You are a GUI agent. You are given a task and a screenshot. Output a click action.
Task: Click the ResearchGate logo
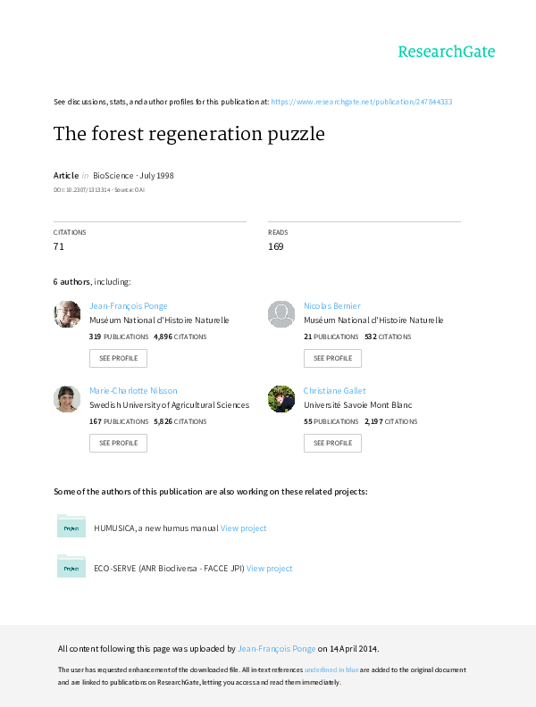point(446,52)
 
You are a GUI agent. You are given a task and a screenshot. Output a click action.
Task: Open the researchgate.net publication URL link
point(361,102)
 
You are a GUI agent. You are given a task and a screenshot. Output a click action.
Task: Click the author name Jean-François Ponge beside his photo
point(129,305)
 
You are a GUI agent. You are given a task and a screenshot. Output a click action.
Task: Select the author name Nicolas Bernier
point(332,305)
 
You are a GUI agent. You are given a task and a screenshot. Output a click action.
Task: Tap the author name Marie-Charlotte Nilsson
point(134,390)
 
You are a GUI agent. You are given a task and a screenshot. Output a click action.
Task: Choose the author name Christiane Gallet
point(335,390)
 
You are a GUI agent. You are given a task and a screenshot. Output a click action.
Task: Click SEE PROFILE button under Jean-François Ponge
point(118,358)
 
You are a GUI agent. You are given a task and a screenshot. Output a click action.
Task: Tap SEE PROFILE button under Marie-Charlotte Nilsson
point(118,443)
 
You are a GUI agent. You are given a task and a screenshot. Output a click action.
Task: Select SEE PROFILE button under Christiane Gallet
point(332,443)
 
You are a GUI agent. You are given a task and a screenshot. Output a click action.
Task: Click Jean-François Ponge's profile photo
point(67,314)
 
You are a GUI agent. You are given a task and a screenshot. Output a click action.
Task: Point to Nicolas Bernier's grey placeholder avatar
point(281,314)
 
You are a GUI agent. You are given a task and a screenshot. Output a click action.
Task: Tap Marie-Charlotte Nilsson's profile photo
point(67,399)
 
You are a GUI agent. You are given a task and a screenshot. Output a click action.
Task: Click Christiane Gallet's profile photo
point(281,399)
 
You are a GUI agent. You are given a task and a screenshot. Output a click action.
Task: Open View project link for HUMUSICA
point(244,528)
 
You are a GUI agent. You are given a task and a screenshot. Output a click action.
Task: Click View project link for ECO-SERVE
point(270,568)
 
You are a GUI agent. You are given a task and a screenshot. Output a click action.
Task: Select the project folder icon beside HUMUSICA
point(71,527)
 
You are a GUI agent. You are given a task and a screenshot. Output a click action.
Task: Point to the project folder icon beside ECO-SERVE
point(71,566)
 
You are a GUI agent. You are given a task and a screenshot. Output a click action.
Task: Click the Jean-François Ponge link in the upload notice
point(277,649)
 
